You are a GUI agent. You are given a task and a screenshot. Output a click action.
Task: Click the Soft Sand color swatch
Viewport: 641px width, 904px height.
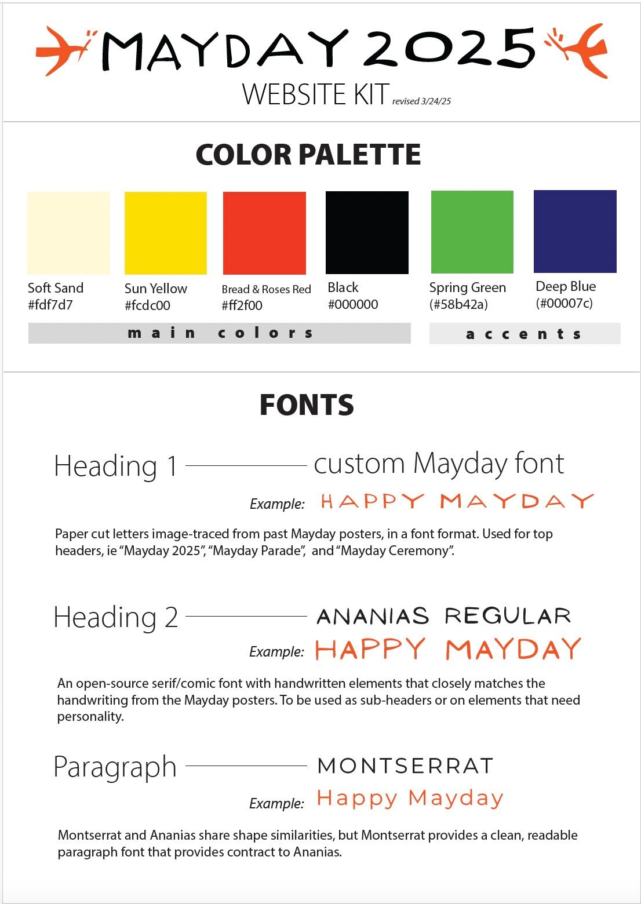[x=68, y=233]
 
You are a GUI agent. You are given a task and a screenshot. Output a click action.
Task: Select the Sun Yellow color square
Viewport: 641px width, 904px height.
[x=166, y=233]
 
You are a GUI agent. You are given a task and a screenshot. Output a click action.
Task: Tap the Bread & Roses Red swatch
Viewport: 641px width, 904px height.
[x=264, y=233]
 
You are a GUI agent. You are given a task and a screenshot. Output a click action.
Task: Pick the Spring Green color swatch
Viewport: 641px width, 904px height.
[x=472, y=232]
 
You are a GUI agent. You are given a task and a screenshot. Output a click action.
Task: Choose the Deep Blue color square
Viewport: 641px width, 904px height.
[x=575, y=231]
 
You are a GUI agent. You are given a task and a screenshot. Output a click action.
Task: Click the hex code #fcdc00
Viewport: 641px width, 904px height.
[x=147, y=305]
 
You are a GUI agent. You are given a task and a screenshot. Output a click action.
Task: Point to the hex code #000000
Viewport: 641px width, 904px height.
[x=353, y=304]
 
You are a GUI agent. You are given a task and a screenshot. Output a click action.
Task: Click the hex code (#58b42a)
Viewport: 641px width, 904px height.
[x=458, y=304]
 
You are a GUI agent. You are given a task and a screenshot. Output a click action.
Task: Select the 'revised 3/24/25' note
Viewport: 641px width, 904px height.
[x=421, y=101]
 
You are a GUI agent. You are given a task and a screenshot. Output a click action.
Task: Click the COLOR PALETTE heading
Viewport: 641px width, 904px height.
[x=308, y=155]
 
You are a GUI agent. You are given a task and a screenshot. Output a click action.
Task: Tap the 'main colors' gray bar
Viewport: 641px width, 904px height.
[x=220, y=333]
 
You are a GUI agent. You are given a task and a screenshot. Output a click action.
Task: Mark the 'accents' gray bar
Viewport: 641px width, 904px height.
[x=525, y=334]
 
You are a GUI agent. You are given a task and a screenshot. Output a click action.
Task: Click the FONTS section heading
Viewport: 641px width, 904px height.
[x=307, y=405]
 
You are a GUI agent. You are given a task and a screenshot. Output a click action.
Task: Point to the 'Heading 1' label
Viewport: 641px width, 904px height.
[x=115, y=466]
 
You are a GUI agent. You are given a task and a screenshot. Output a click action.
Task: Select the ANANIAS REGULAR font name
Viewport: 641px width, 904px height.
[x=444, y=616]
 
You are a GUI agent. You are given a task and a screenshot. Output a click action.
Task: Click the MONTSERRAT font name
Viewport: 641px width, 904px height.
[x=406, y=766]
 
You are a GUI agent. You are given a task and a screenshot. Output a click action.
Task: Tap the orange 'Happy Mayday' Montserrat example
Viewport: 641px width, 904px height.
[x=410, y=799]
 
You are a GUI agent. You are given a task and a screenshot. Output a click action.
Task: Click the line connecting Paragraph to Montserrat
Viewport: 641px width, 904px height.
[x=246, y=766]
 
